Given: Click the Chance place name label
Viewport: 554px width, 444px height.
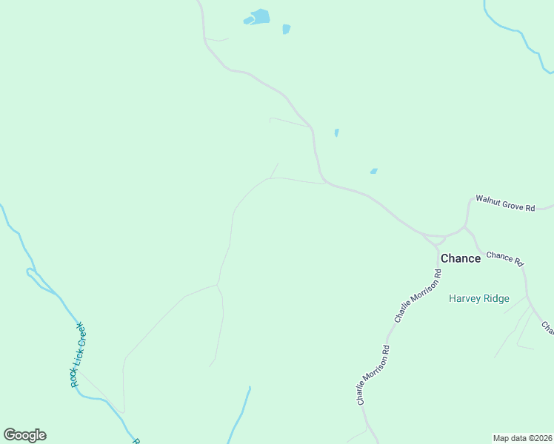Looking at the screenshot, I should point(460,258).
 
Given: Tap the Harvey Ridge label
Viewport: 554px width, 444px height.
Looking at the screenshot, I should point(479,298).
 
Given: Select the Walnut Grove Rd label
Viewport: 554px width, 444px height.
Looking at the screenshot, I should point(504,203).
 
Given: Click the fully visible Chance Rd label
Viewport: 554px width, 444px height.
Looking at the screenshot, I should point(505,258).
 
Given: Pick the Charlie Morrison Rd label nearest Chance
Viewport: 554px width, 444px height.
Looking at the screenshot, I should point(418,296).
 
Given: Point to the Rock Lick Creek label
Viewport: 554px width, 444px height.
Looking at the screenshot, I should point(77,354).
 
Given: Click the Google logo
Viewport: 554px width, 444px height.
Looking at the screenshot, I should point(24,435).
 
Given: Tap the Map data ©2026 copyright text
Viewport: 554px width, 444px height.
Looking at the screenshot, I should point(522,438).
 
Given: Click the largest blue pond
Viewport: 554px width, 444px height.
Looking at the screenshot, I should point(259,16).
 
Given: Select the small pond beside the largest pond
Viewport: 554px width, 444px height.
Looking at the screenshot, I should point(286,30).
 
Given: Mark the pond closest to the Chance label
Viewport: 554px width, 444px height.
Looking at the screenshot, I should point(374,171).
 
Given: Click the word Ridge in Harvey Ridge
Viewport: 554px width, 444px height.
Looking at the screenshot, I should point(496,298).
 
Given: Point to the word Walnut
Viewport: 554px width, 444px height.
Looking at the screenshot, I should point(488,200).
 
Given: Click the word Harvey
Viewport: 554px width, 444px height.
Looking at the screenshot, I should point(465,298).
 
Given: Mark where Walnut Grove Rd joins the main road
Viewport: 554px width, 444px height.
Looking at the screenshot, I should point(465,226).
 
